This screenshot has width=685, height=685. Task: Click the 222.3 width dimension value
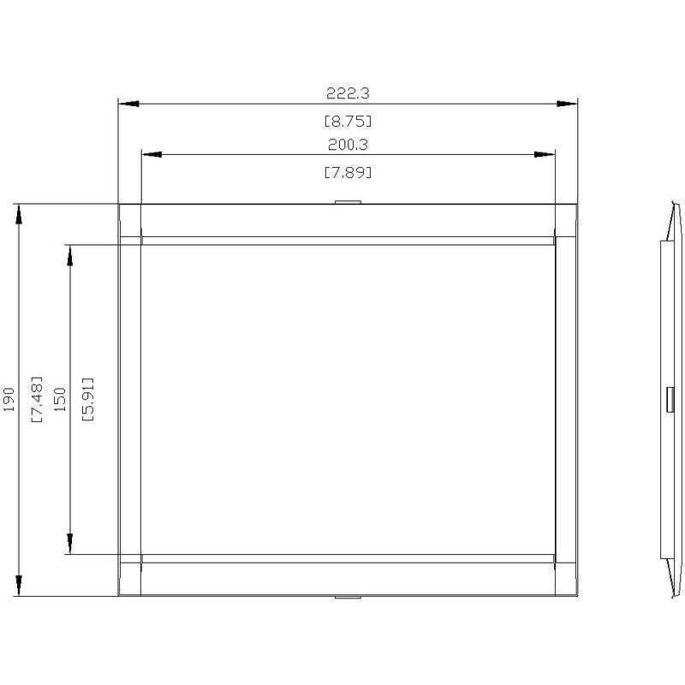[348, 93]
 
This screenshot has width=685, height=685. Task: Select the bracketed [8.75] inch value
[348, 121]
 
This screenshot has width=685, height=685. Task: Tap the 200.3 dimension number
[348, 145]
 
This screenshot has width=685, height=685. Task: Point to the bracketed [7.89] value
[348, 173]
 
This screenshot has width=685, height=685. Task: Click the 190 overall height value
[9, 399]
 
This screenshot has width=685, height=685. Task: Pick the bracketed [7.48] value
[37, 399]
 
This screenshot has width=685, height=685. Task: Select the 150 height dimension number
[60, 399]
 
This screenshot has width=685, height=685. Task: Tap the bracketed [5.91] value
[88, 399]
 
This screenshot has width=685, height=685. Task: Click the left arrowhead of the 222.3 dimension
[129, 104]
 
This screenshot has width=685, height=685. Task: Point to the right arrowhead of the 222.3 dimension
[567, 104]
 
